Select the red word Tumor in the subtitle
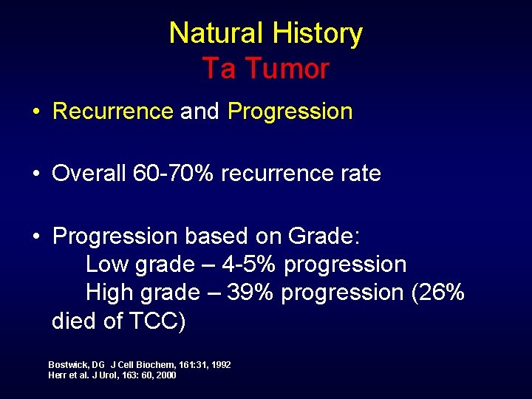point(287,69)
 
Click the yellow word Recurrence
point(113,112)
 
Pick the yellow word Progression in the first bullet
point(290,112)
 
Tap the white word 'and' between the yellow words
point(199,112)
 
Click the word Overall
point(89,174)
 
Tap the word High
point(109,293)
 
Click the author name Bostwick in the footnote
point(66,365)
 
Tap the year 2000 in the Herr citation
point(166,375)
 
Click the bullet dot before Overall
point(35,174)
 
